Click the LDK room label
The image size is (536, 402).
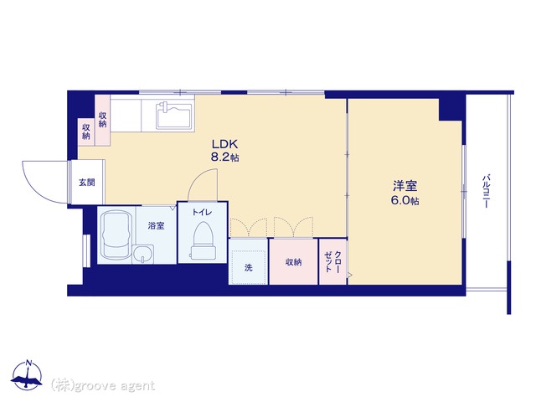point(224,144)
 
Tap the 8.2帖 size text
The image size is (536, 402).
point(224,157)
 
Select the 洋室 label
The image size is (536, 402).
point(405,186)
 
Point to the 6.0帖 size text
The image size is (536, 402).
point(405,200)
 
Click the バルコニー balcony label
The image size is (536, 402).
point(486,191)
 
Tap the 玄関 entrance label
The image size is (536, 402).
point(87,183)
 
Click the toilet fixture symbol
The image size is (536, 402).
point(203,240)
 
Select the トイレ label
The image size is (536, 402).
point(202,212)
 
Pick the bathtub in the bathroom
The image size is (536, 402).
point(116,234)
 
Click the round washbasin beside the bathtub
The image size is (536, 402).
point(143,254)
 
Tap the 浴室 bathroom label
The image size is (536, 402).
point(157,225)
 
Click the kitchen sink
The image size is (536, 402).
point(173,116)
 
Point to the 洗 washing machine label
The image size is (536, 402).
point(249,267)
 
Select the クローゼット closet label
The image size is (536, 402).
point(332,261)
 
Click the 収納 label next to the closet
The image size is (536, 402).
point(294,262)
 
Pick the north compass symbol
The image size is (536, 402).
point(27,374)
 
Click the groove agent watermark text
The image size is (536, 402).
point(102,386)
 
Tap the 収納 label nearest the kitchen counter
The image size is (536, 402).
point(102,120)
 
